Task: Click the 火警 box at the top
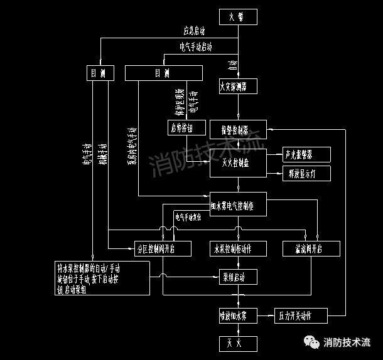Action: [x=238, y=17]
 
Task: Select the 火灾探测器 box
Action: [x=238, y=85]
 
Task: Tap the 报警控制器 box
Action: [x=239, y=130]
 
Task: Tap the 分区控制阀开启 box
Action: [x=155, y=249]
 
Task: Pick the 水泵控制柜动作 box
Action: [x=239, y=249]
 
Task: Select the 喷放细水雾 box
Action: [x=238, y=315]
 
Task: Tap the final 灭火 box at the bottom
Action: [x=238, y=343]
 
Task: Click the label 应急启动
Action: [x=194, y=30]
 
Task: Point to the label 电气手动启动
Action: [x=196, y=46]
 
